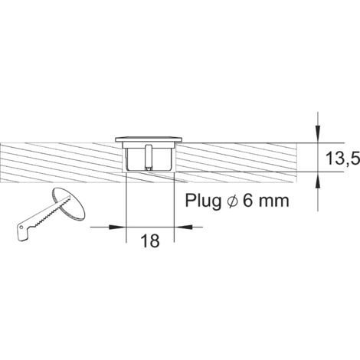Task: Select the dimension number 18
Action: click(x=149, y=241)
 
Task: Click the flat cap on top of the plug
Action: click(x=150, y=139)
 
